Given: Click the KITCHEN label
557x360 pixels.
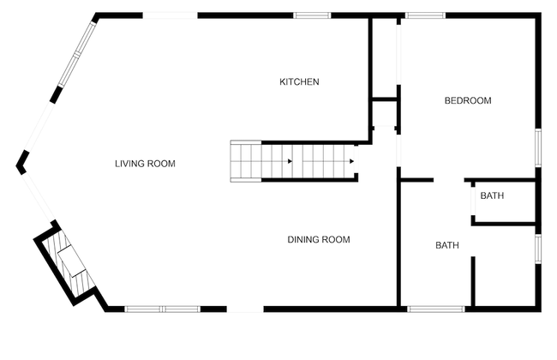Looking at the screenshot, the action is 299,81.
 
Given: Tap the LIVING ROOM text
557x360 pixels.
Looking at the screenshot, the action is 145,164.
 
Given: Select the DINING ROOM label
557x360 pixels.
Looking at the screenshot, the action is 319,239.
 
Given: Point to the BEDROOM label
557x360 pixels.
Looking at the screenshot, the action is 468,100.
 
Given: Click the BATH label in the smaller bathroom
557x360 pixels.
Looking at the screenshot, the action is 492,195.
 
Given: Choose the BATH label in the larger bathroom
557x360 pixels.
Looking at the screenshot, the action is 446,245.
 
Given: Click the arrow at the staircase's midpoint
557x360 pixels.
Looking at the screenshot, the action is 290,161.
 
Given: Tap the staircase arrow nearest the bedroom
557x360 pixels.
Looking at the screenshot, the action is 351,161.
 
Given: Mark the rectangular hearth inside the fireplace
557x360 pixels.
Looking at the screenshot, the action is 73,261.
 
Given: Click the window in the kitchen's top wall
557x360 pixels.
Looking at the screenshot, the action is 312,15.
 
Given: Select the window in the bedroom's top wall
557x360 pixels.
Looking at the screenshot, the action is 425,15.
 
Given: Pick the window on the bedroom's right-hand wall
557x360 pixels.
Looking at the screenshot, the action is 538,147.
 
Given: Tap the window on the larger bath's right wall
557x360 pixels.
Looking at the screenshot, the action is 538,249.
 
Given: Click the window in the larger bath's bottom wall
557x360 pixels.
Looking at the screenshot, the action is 436,309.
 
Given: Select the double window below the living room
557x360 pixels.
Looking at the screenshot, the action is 163,309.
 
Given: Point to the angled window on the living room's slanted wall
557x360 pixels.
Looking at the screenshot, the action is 77,54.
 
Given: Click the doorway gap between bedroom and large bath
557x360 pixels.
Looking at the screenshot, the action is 449,180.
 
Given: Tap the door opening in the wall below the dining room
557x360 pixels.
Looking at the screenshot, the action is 245,309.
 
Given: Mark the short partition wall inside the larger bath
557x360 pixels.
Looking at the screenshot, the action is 473,281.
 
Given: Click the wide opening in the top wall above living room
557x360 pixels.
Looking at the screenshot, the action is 171,15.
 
